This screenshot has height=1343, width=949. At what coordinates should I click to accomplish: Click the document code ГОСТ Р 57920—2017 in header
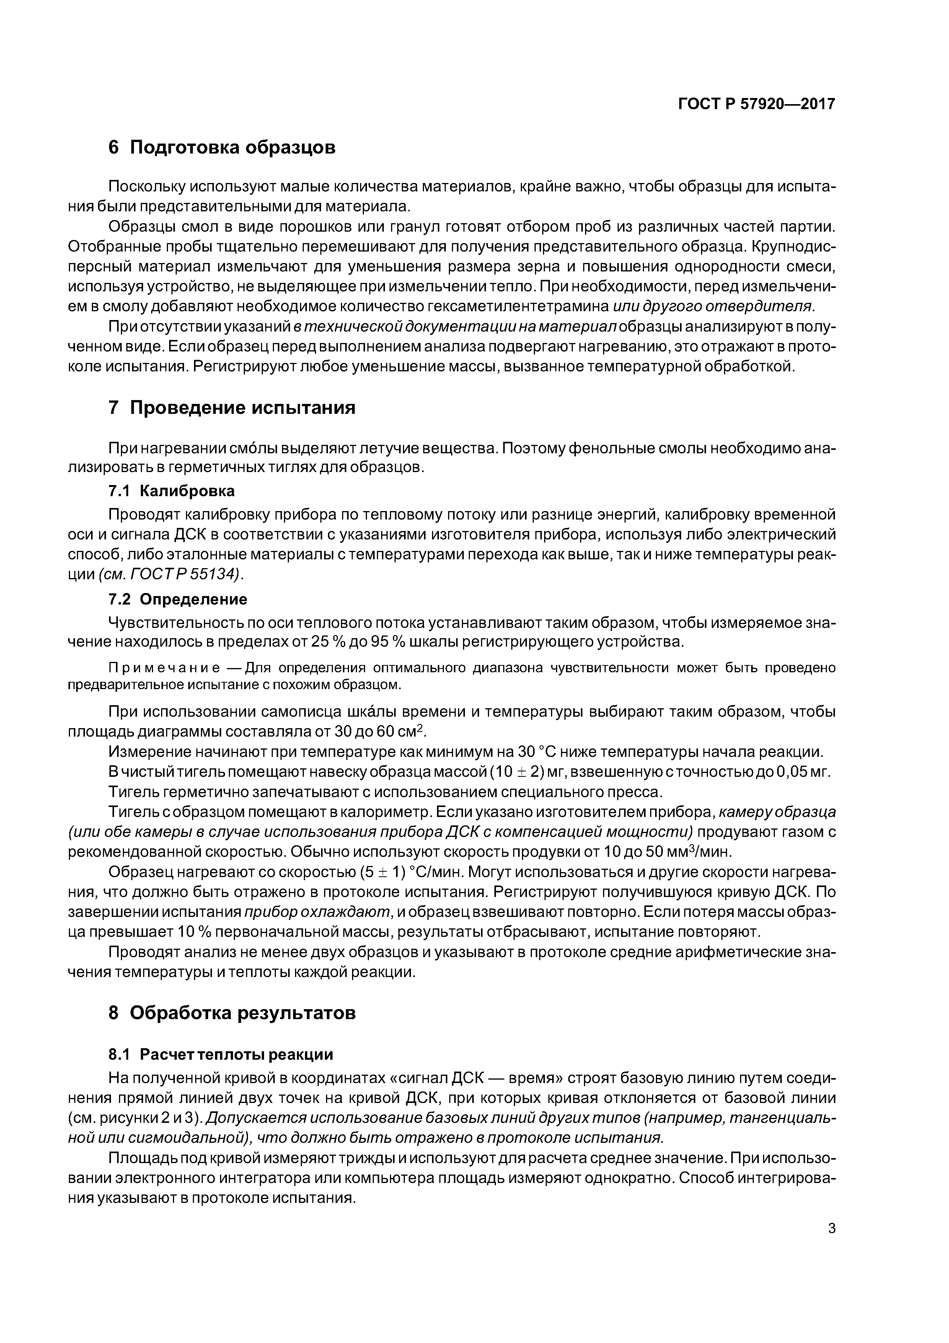pyautogui.click(x=756, y=104)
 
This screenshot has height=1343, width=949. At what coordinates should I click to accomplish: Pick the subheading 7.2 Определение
pyautogui.click(x=178, y=600)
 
